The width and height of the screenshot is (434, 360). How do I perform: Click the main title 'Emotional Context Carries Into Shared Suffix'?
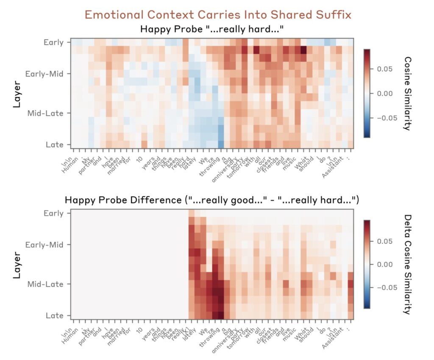tap(218, 15)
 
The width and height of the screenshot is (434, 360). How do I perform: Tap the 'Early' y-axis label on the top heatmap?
tap(53, 42)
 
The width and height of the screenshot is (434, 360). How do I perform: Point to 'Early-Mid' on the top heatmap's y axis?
tap(45, 74)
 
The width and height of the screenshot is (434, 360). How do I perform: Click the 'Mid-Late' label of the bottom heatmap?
tap(45, 284)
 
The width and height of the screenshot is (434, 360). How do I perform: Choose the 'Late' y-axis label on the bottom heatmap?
tap(54, 316)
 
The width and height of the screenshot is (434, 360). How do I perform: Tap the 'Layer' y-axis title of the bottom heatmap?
tap(17, 264)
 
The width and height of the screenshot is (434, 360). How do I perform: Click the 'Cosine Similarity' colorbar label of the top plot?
tap(407, 93)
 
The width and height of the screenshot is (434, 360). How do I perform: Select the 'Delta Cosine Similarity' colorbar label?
tap(407, 264)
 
